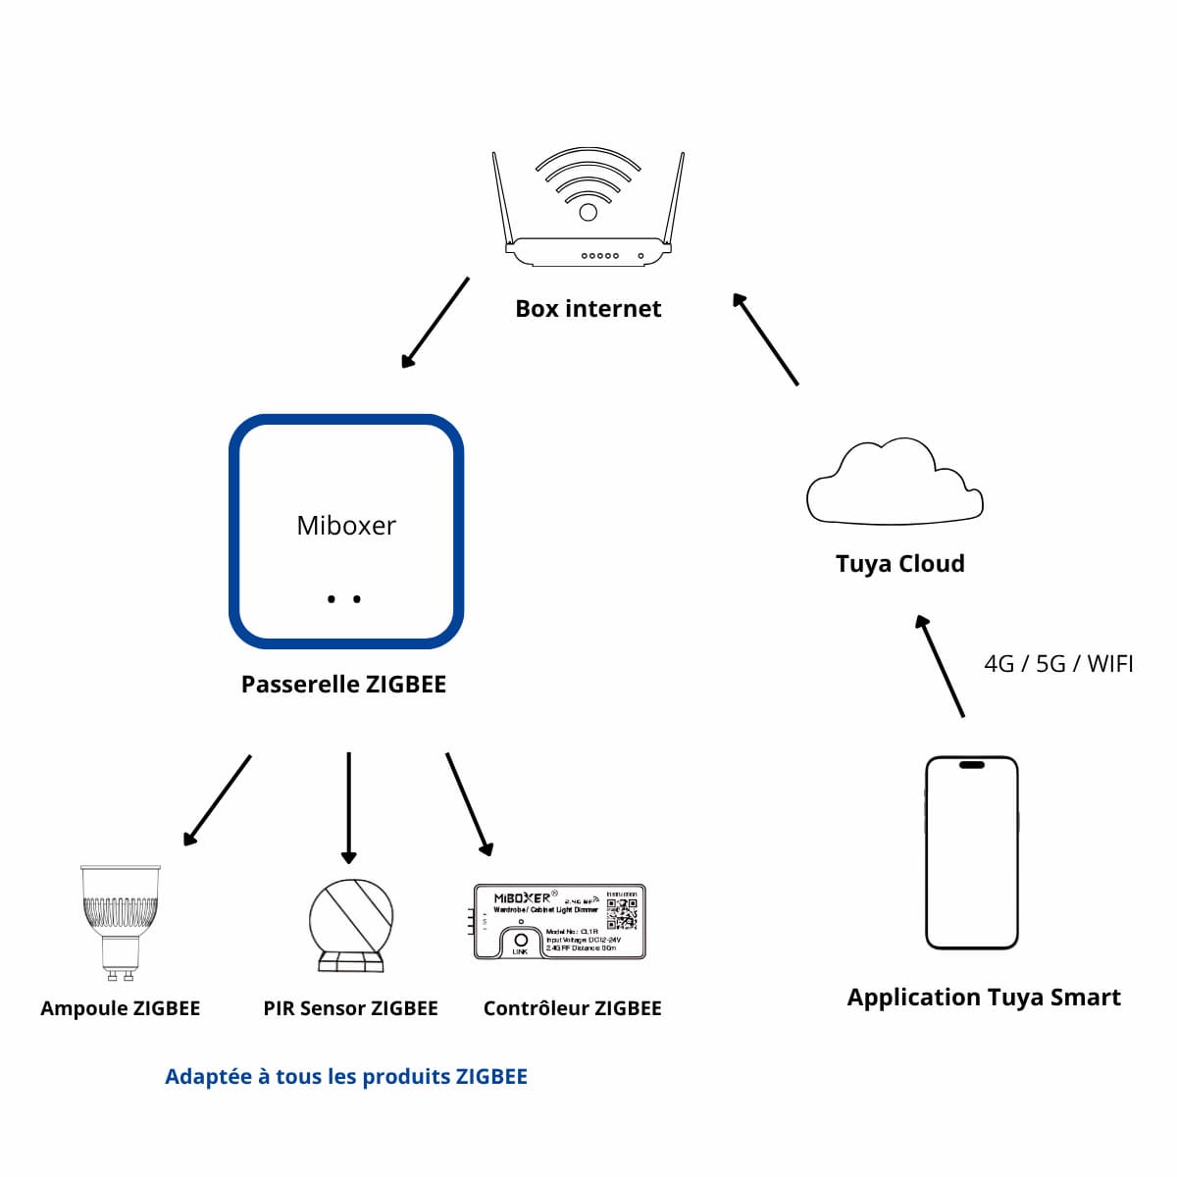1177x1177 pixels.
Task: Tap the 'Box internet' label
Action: pos(588,309)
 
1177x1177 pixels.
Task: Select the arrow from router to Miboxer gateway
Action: pos(435,323)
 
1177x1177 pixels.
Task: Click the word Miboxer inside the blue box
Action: pos(346,526)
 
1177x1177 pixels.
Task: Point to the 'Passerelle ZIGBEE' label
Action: pos(343,685)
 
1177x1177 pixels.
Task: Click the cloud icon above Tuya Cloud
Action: pos(894,482)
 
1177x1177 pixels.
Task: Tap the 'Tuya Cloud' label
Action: pos(899,564)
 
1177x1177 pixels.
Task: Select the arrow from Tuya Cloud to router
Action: pos(766,339)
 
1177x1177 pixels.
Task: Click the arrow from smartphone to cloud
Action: pos(941,666)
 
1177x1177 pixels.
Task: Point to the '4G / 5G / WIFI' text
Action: pos(1058,664)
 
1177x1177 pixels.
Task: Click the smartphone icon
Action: pos(972,852)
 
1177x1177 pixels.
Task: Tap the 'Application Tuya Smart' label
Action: pos(984,998)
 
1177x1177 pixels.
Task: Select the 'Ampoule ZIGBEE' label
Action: pos(120,1008)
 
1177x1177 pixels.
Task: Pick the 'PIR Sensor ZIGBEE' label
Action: pos(350,1008)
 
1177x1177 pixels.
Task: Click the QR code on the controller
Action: pos(622,912)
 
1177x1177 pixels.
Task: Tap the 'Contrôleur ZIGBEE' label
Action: pos(572,1008)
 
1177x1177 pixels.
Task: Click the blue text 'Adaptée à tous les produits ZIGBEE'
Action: pos(346,1077)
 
